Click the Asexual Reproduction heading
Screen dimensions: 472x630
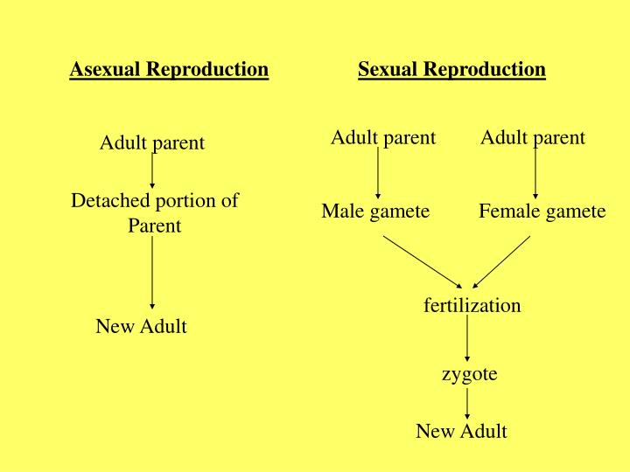169,69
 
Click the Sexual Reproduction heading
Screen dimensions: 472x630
451,69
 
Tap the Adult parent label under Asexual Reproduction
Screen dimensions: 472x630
152,142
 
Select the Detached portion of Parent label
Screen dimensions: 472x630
155,212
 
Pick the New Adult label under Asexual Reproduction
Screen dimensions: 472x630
141,327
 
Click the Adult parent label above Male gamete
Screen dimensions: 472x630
383,137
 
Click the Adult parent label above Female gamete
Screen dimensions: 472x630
533,137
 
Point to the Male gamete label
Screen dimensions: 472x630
375,211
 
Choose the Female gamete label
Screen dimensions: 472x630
542,211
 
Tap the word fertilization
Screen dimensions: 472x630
472,305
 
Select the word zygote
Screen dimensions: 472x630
469,374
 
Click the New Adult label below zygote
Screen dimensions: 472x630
461,431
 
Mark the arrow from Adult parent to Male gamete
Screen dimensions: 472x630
378,173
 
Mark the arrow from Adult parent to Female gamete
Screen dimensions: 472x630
535,173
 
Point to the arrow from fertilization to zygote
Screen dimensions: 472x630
467,338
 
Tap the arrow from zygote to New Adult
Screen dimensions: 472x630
467,402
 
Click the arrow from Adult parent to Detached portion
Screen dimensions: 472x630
152,171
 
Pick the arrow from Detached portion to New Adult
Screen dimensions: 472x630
152,272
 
